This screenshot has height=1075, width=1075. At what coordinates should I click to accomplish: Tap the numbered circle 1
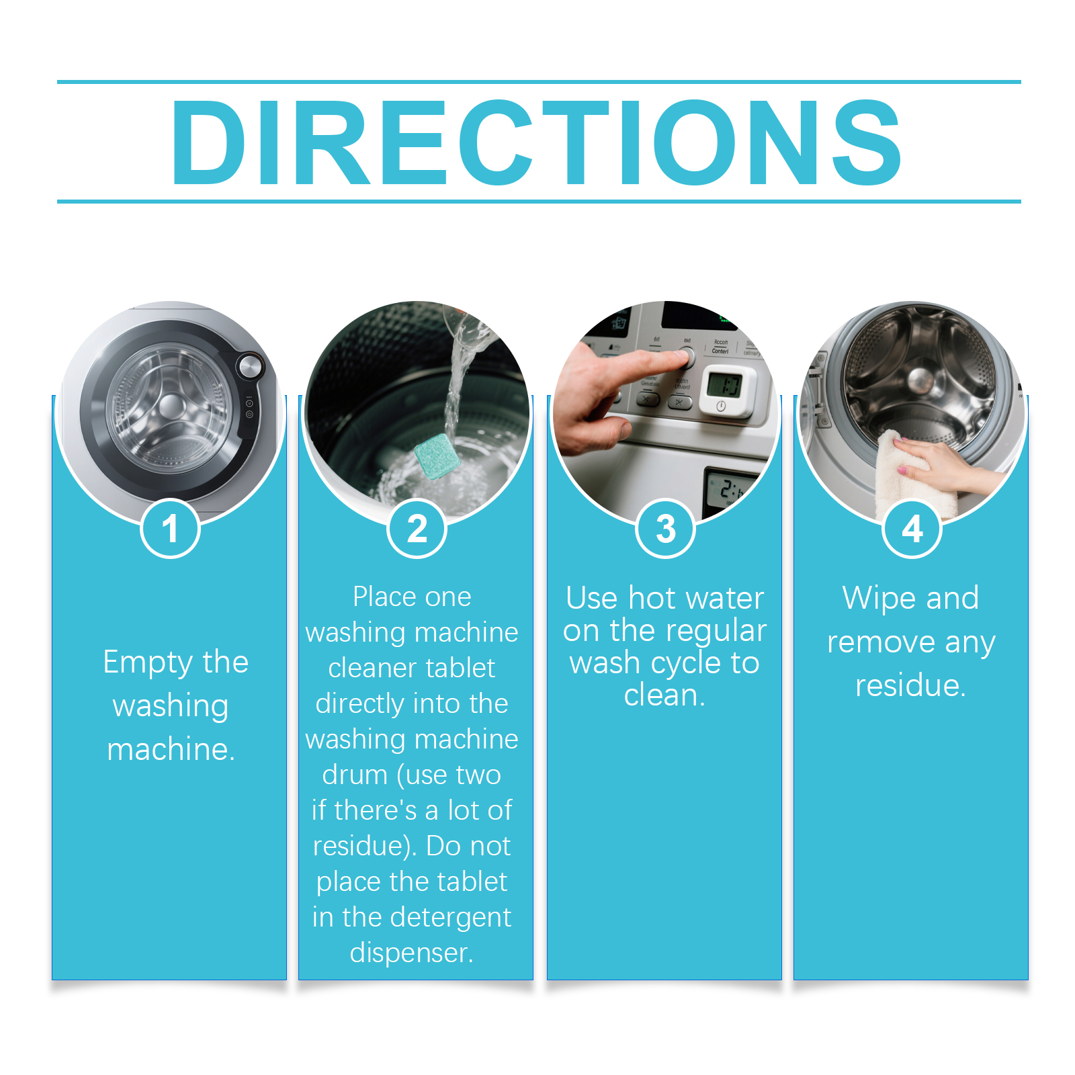coord(170,529)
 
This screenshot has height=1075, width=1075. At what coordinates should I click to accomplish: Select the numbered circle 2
coord(417,529)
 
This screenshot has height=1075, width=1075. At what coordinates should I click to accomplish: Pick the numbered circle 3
coord(665,529)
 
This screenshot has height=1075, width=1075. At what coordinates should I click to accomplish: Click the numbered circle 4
coord(912,529)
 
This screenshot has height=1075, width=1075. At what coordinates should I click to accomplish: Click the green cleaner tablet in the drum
coord(437,456)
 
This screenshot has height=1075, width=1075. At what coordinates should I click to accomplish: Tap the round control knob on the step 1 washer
coord(250,366)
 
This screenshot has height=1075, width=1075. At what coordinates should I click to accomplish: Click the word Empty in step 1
coord(148,663)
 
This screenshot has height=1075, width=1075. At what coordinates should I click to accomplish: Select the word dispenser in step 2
coord(411,953)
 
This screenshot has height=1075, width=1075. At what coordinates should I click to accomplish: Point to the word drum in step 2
coord(354,775)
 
